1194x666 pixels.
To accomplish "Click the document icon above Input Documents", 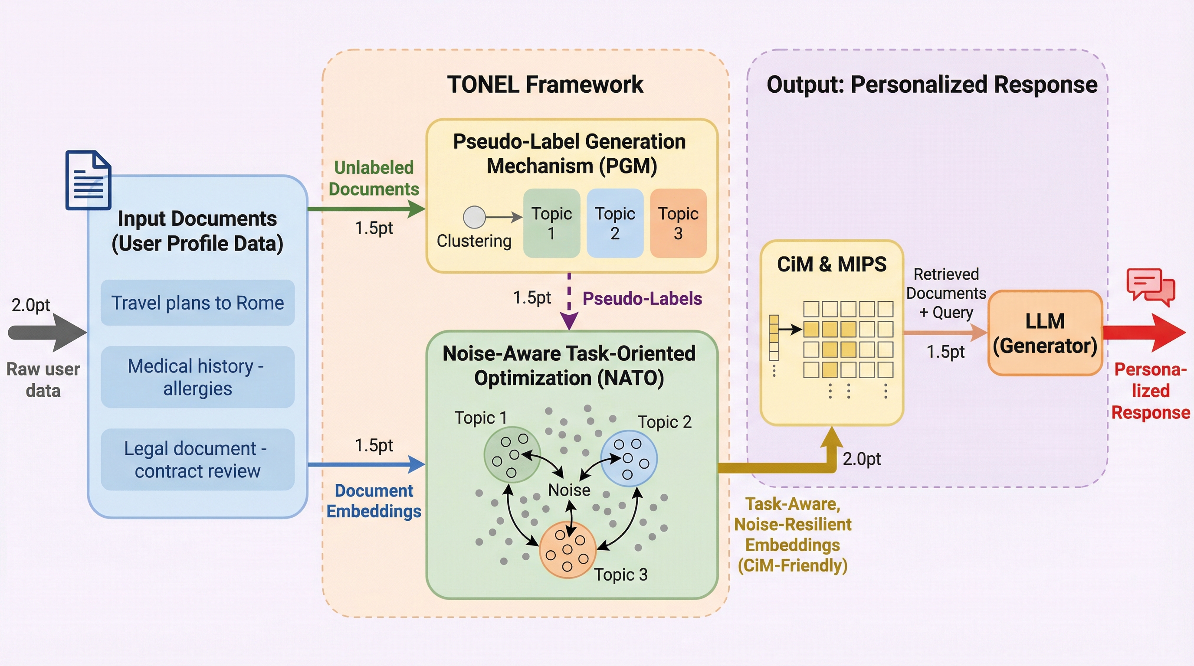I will coord(88,180).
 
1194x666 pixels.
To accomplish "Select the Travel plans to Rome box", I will coord(197,303).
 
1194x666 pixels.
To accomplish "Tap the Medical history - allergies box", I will coord(197,377).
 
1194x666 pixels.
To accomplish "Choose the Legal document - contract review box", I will coord(197,460).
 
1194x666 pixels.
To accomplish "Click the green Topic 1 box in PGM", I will coord(551,223).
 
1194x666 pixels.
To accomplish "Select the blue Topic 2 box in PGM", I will coord(615,223).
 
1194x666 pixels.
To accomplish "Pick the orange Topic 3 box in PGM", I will coord(678,223).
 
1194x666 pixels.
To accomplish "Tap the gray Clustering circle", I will coord(474,217).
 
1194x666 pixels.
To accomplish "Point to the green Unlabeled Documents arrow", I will coord(366,209).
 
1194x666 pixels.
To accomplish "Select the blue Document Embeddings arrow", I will coord(366,464).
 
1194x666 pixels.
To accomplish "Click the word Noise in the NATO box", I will coord(569,490).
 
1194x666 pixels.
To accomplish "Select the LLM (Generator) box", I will coord(1045,333).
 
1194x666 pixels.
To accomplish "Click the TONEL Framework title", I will coord(545,85).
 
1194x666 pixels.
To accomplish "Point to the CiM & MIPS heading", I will coord(832,264).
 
